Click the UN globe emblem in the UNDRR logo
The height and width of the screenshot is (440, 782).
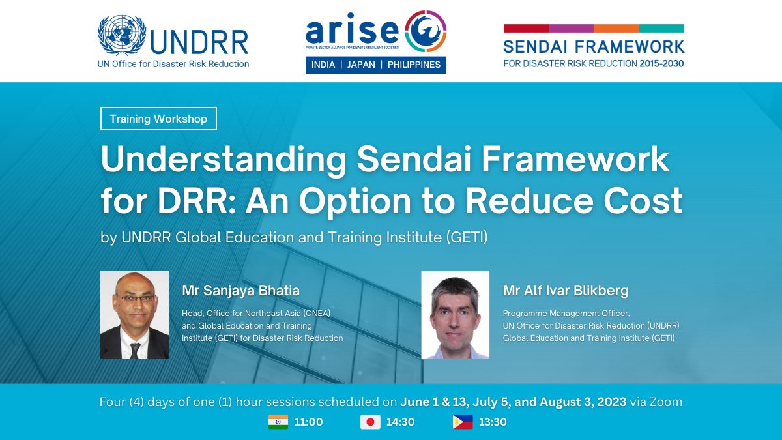click(x=122, y=35)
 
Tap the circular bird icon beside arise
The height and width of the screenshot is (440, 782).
click(x=426, y=31)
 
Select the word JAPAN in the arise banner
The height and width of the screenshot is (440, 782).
click(x=361, y=65)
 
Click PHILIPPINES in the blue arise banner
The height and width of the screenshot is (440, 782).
click(x=414, y=65)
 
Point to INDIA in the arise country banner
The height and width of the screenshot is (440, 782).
click(x=323, y=65)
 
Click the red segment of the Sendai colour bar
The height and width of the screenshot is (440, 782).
click(x=527, y=28)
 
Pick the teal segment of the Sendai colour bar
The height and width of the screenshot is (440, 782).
click(x=661, y=28)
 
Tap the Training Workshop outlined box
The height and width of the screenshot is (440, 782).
click(x=158, y=119)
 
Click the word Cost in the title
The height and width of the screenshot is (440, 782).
click(x=643, y=201)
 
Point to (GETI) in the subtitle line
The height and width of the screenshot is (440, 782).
click(x=467, y=237)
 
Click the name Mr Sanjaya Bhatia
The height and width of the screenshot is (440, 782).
click(x=241, y=291)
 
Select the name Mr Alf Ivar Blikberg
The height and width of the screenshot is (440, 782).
click(x=566, y=291)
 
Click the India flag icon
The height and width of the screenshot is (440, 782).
click(x=278, y=422)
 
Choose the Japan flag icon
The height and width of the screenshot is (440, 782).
click(x=370, y=422)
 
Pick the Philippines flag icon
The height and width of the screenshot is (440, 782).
click(x=463, y=422)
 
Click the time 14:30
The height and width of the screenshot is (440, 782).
click(x=400, y=422)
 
